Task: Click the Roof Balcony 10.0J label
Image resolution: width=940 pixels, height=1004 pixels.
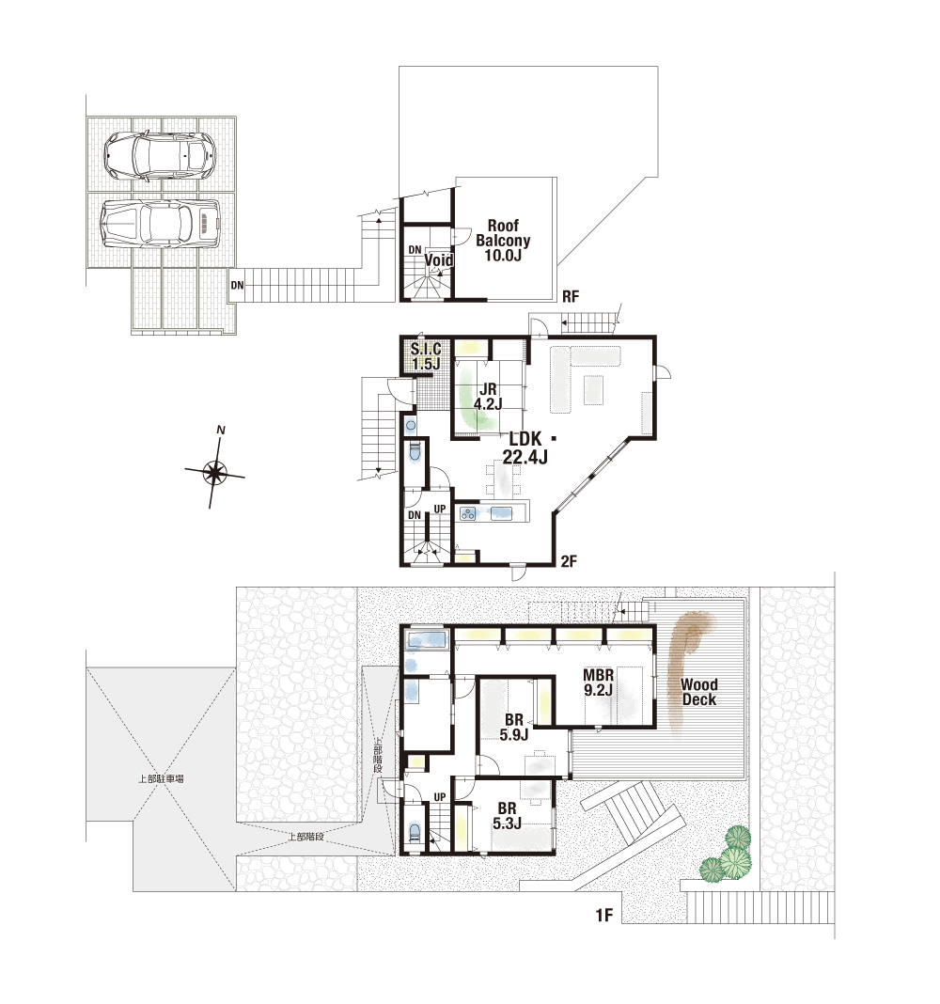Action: click(503, 240)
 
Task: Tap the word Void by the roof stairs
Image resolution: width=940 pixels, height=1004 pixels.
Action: click(439, 260)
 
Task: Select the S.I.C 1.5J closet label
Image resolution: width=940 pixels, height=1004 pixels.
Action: click(426, 356)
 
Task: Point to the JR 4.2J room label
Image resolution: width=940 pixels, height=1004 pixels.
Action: click(488, 397)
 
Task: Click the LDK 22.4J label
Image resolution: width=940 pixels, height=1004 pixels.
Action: click(525, 447)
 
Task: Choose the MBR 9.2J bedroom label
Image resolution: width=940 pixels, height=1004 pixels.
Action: click(598, 682)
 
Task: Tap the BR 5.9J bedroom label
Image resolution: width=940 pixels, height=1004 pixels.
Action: click(513, 728)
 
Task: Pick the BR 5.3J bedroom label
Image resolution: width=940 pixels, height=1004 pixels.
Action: click(508, 816)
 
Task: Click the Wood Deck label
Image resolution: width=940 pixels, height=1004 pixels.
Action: click(699, 692)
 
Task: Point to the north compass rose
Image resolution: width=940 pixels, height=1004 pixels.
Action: click(215, 473)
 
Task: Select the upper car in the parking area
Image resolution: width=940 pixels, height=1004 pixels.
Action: click(160, 155)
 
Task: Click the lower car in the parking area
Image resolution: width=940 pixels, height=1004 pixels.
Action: click(160, 224)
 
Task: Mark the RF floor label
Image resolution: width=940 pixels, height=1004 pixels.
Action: click(571, 296)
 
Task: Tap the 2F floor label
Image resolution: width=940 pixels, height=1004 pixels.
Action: click(569, 561)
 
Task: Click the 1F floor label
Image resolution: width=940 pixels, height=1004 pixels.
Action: click(603, 916)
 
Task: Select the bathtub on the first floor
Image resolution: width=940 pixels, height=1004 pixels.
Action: click(427, 639)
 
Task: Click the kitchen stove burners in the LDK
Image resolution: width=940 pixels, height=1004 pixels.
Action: click(468, 513)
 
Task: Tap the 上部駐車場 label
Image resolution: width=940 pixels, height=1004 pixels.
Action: click(162, 778)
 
